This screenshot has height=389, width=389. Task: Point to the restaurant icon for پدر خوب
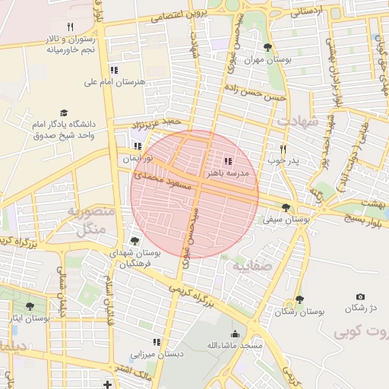[x=283, y=149]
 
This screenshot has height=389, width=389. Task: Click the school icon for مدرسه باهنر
[x=229, y=161]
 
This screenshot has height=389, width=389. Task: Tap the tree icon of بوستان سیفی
[x=286, y=207]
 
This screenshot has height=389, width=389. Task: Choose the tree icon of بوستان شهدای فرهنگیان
[x=134, y=241]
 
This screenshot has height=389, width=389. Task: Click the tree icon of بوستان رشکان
[x=299, y=299]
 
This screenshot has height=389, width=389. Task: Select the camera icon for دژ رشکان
[x=360, y=296]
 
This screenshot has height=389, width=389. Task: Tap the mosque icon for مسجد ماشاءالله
[x=235, y=333]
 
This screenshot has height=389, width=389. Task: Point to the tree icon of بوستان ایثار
[x=30, y=306]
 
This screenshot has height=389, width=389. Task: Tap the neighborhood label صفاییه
[x=251, y=267]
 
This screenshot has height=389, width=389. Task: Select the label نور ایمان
[x=139, y=160]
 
